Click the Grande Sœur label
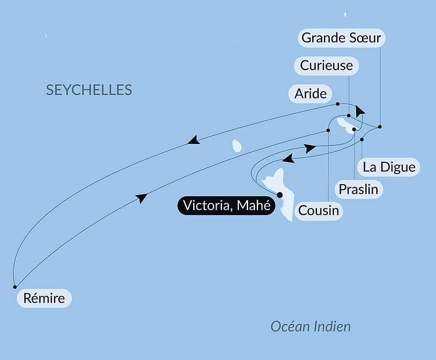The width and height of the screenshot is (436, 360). click(x=342, y=38)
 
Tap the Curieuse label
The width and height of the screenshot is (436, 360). click(x=326, y=65)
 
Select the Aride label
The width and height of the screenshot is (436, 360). click(x=310, y=93)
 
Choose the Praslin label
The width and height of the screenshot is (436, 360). click(x=359, y=189)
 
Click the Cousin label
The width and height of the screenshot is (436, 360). click(x=318, y=211)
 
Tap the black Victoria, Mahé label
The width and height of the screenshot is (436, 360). click(x=226, y=206)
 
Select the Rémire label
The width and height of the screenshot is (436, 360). click(x=44, y=298)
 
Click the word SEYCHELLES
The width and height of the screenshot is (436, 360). click(x=89, y=90)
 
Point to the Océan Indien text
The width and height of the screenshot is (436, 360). click(x=310, y=326)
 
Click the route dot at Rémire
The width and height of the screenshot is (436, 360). click(x=15, y=287)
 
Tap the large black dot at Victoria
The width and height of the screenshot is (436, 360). click(x=279, y=195)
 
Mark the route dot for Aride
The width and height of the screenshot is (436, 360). click(x=338, y=104)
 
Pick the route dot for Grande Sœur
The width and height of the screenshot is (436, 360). click(x=380, y=127)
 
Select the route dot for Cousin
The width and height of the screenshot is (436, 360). click(x=328, y=130)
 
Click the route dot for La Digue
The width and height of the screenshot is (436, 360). click(x=362, y=140)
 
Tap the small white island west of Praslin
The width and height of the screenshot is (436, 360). click(x=237, y=145)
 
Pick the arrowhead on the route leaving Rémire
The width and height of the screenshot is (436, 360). click(x=141, y=199)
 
